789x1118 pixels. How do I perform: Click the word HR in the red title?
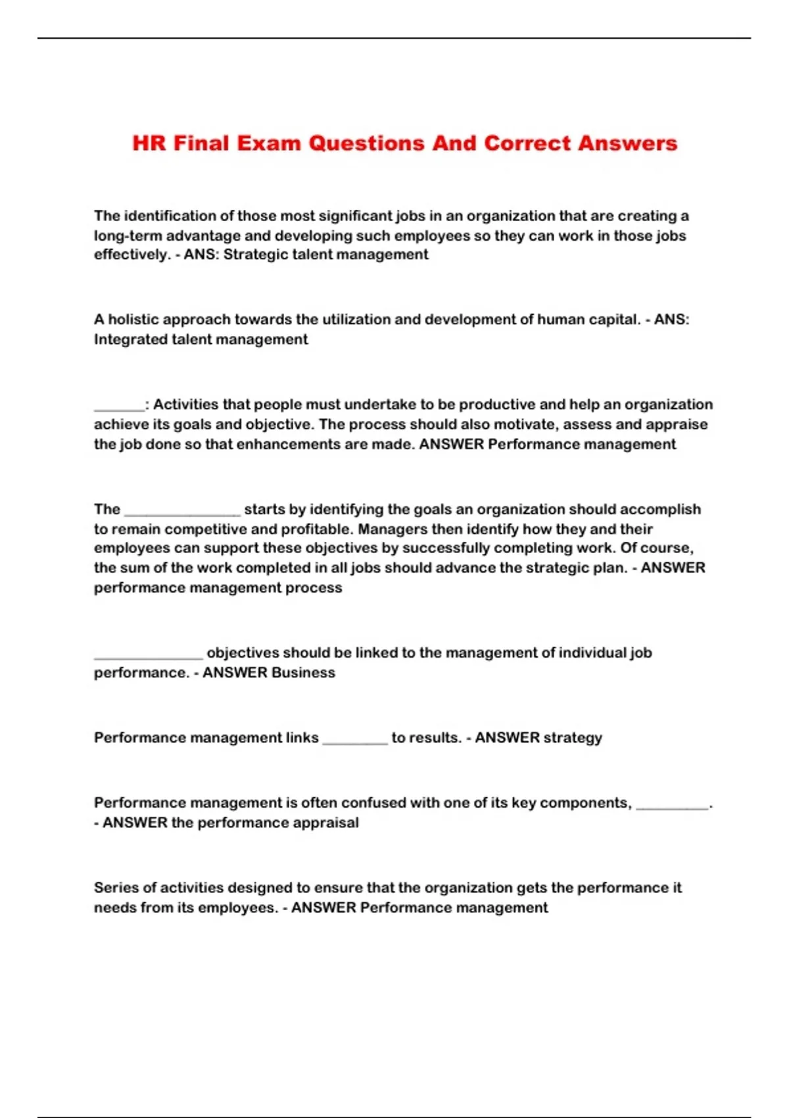pyautogui.click(x=149, y=143)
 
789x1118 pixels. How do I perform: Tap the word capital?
pyautogui.click(x=611, y=320)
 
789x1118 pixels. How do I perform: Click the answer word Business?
pyautogui.click(x=303, y=672)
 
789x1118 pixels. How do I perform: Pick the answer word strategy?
pyautogui.click(x=572, y=738)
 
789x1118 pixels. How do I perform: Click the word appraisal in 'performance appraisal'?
pyautogui.click(x=327, y=823)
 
